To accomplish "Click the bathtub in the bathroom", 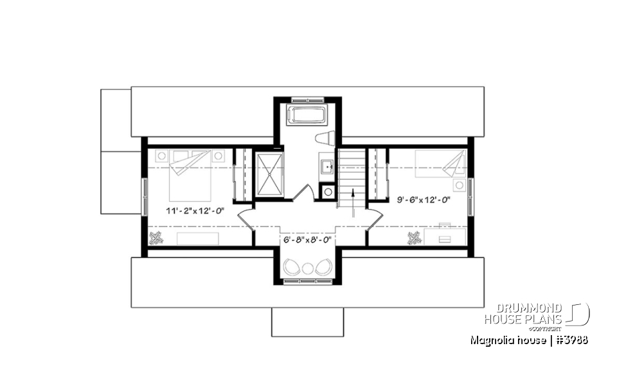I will pos(308,116).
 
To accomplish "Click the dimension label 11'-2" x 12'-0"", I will pos(195,210).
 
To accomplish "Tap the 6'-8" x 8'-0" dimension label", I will pos(307,239).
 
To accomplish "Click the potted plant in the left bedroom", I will pos(156,239).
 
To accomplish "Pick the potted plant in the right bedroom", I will pos(415,239).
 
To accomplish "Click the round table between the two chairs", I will pos(308,269).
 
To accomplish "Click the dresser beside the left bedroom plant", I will pos(197,239).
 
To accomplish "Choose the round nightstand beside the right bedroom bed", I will pos(459,185).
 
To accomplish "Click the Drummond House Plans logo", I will pos(536,315).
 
